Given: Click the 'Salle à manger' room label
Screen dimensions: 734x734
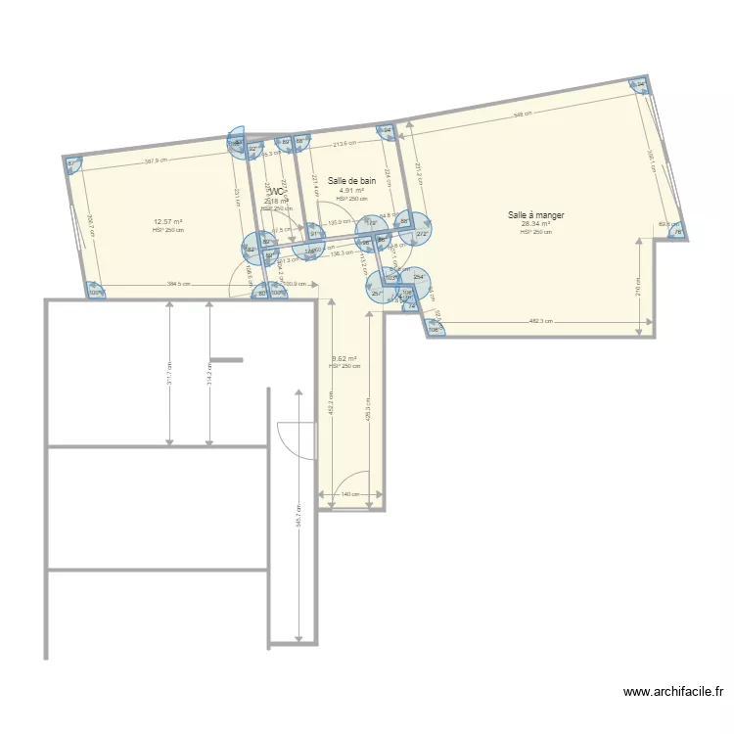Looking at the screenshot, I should click(535, 214).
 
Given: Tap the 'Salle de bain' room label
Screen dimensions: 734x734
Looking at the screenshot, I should click(352, 181).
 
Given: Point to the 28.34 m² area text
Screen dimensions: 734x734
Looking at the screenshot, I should click(535, 223).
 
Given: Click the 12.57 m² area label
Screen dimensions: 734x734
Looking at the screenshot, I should click(168, 221).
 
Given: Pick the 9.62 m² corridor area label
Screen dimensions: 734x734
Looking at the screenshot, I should click(344, 358).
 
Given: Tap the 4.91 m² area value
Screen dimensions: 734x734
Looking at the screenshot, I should click(352, 190).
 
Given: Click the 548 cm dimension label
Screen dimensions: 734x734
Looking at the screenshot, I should click(524, 115).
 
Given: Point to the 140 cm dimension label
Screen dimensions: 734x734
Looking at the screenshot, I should click(349, 494).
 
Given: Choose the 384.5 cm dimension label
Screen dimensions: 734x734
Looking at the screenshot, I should click(179, 285).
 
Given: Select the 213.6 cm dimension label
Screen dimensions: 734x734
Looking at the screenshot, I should click(344, 145).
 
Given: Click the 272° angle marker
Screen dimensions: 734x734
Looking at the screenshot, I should click(423, 234).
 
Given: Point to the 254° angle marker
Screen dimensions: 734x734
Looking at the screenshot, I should click(418, 278).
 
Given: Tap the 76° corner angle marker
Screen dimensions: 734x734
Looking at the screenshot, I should click(677, 232).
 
